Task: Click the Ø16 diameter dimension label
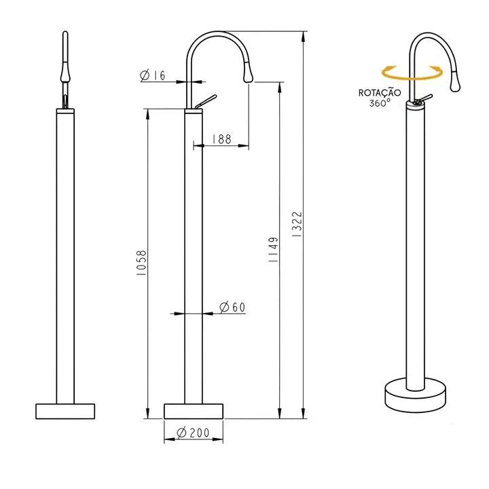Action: (x=153, y=76)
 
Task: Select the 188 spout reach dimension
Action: (x=221, y=139)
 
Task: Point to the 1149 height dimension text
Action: (x=273, y=251)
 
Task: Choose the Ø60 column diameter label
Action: (x=232, y=308)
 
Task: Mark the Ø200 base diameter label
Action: (x=192, y=433)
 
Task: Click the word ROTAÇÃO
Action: (x=380, y=92)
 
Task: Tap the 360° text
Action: (x=380, y=103)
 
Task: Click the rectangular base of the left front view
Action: (x=65, y=411)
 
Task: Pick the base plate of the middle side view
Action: (x=194, y=411)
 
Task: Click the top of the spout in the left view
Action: (x=65, y=34)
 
